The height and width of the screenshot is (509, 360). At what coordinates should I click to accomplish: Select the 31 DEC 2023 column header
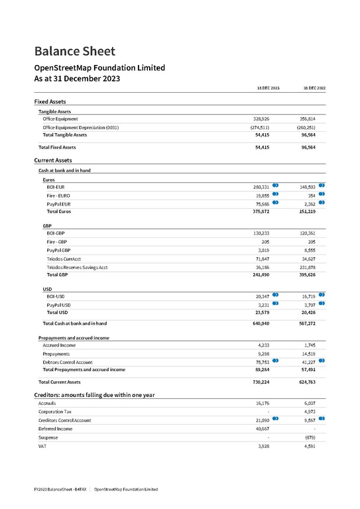click(268, 88)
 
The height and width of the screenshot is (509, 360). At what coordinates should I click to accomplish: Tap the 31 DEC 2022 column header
click(314, 88)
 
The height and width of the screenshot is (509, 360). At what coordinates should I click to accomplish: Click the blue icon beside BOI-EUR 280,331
click(275, 186)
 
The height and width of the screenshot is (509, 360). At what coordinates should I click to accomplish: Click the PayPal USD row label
click(58, 304)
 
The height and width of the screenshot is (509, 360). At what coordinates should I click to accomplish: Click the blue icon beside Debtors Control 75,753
click(275, 361)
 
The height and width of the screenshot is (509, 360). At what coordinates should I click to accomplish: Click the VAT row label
click(43, 446)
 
